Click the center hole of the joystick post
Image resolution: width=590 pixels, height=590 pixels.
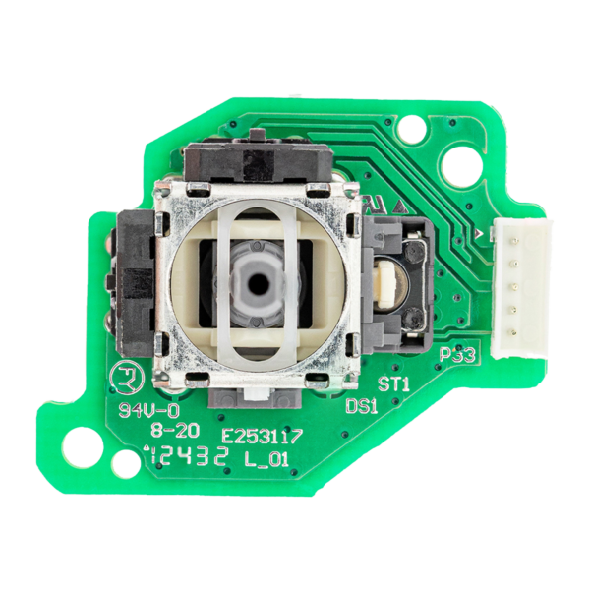tap(257, 280)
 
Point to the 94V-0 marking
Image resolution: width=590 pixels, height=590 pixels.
tap(133, 411)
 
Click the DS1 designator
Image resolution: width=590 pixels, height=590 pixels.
tap(362, 405)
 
